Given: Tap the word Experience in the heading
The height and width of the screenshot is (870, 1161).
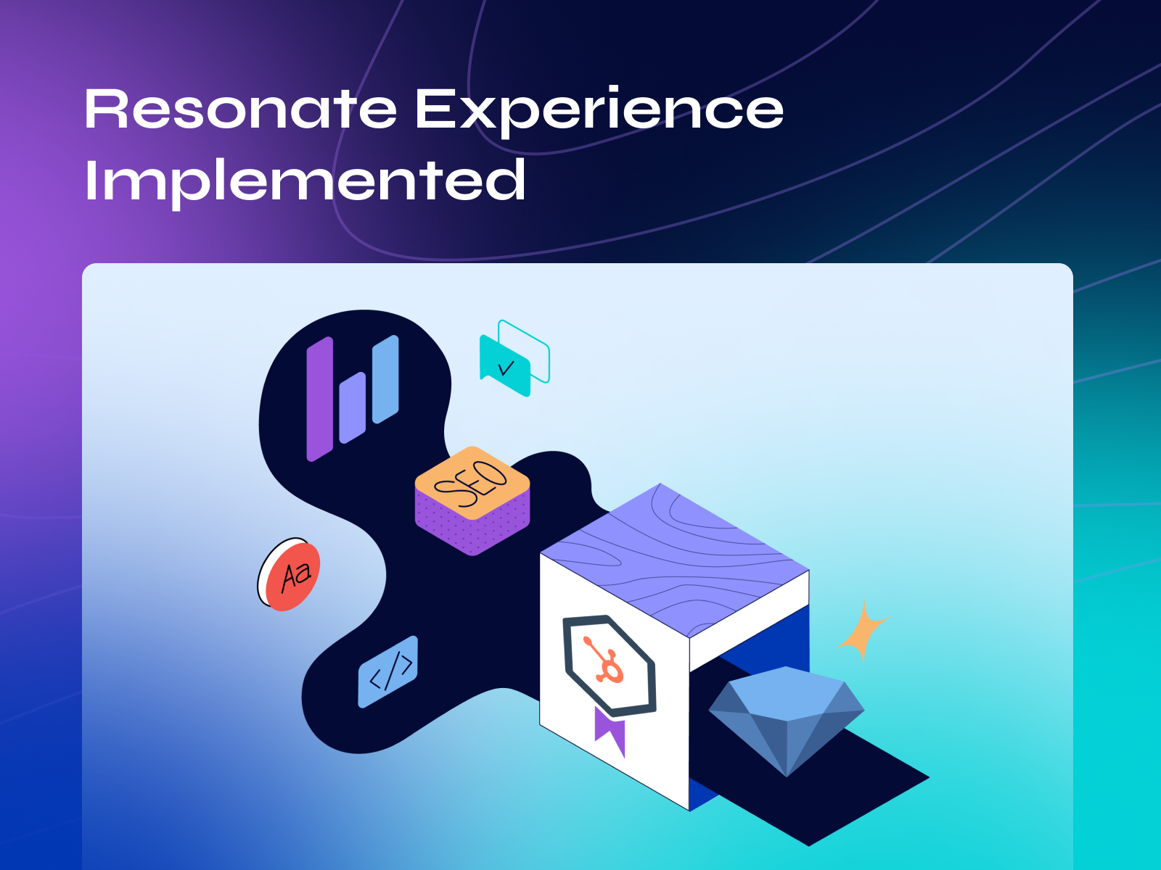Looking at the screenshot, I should pyautogui.click(x=599, y=110).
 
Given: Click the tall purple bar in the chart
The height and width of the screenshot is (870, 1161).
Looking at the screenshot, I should pyautogui.click(x=319, y=399).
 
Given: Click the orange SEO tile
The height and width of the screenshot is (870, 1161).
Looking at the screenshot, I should pyautogui.click(x=472, y=482).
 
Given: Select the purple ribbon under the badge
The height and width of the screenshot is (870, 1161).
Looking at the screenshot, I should pyautogui.click(x=610, y=731).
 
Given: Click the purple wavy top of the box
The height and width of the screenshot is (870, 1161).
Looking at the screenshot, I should pyautogui.click(x=675, y=558).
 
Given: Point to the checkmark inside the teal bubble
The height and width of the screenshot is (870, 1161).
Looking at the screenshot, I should pyautogui.click(x=506, y=368).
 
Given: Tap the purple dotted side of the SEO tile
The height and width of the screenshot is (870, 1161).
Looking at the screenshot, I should pyautogui.click(x=443, y=526).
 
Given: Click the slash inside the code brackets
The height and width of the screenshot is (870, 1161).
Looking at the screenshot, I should pyautogui.click(x=390, y=673).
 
